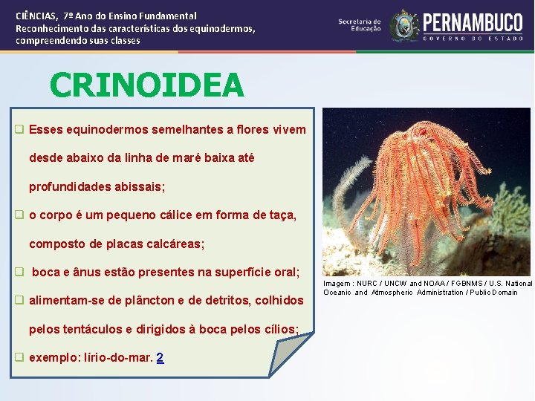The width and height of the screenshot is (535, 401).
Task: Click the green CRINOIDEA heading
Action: (x=146, y=85)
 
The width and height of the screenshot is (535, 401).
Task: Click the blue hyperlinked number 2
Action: (x=160, y=357)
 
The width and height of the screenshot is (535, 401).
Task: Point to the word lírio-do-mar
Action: (x=117, y=357)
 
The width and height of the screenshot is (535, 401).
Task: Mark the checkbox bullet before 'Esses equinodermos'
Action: (x=20, y=129)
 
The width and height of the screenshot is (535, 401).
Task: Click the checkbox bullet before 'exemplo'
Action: (x=20, y=357)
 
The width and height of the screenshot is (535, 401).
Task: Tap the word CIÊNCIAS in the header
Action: (x=37, y=15)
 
